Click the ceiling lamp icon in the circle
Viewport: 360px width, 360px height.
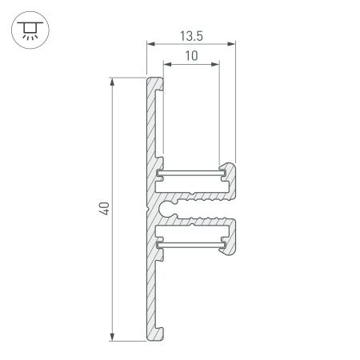[x=30, y=30]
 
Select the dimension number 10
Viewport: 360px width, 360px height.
[x=190, y=57]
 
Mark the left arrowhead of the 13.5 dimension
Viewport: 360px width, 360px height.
[x=150, y=45]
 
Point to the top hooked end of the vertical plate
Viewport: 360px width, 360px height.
[x=155, y=80]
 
